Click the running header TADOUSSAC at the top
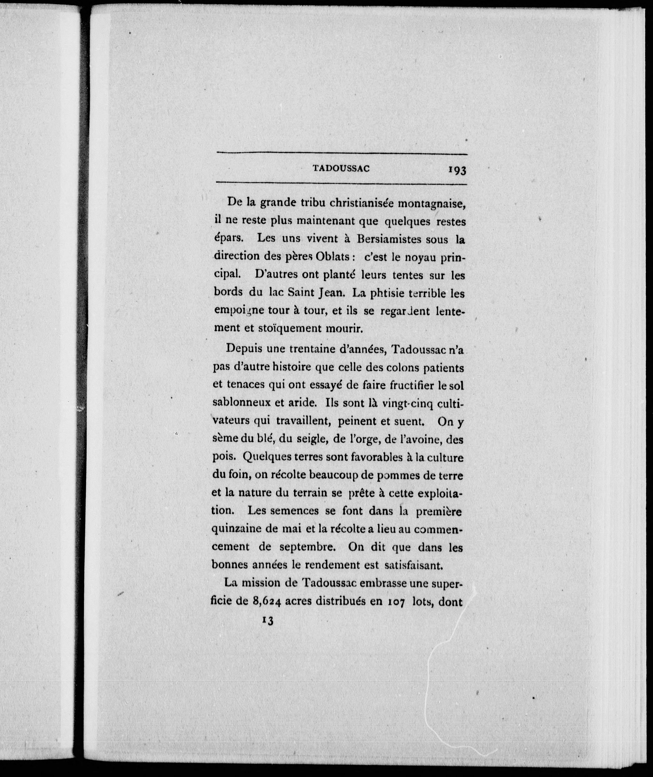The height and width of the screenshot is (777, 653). tap(341, 168)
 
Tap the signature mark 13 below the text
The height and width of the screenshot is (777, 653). tap(268, 621)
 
